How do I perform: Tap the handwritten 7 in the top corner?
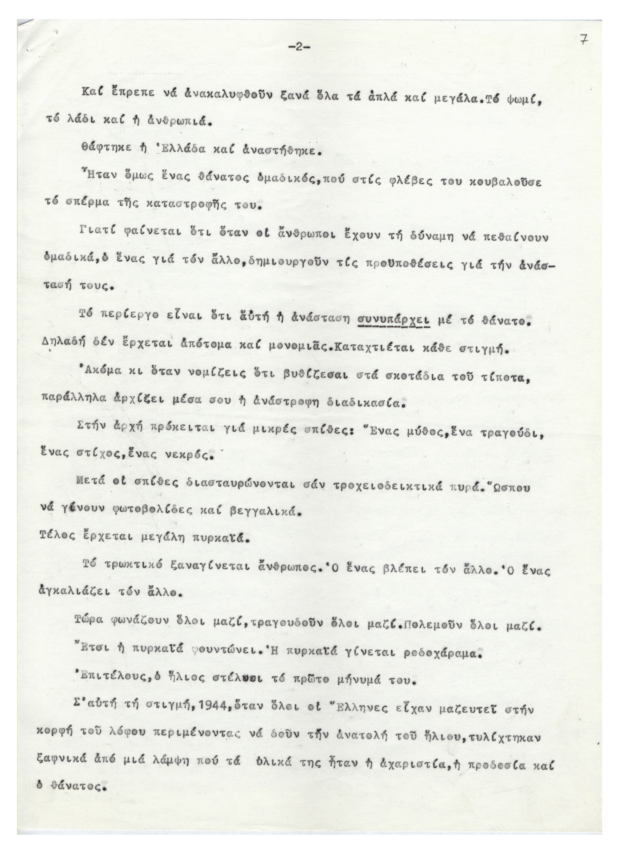pos(585,40)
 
